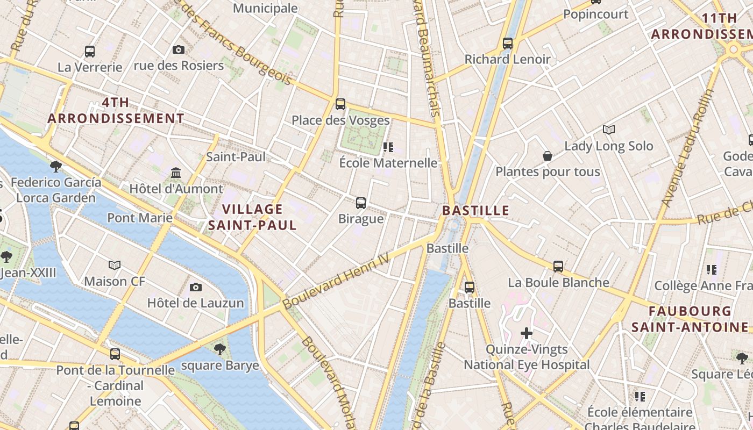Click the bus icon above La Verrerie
point(90,52)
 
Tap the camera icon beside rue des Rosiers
point(179,50)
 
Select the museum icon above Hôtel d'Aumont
point(176,173)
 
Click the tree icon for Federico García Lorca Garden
point(55,166)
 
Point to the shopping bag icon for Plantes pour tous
point(547,156)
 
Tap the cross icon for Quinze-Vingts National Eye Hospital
point(527,334)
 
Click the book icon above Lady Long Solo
point(608,130)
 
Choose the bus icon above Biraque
point(361,203)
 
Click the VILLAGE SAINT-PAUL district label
point(252,217)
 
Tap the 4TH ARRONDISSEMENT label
point(116,111)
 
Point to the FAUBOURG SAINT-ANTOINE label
point(690,319)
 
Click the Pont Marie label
point(140,218)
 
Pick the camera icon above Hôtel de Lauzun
point(196,287)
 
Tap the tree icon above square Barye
point(219,349)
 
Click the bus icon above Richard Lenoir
point(508,44)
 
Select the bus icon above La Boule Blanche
point(558,267)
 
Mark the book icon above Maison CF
point(115,265)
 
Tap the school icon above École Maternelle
point(388,147)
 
